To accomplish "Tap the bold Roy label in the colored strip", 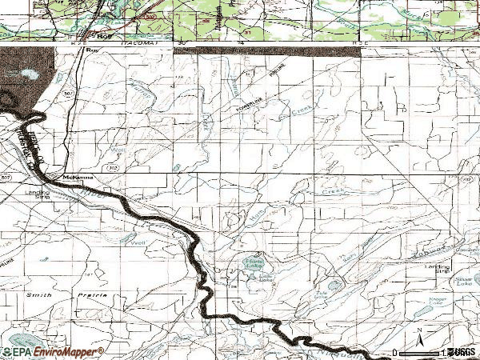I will coord(102,36).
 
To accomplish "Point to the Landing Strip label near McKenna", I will coord(38,194).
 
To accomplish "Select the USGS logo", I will coord(461,352).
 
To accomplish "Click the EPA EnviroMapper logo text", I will coord(51,352).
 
